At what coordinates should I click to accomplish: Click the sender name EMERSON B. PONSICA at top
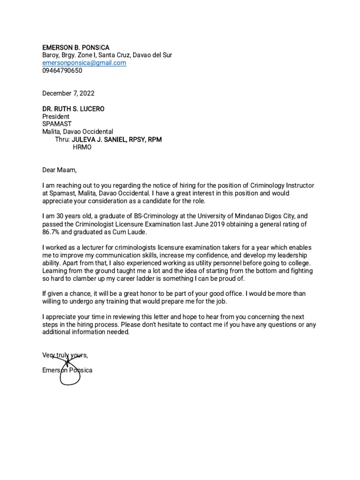pyautogui.click(x=75, y=47)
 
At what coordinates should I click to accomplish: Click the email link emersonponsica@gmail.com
pyautogui.click(x=84, y=63)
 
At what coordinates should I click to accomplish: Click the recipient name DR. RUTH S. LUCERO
pyautogui.click(x=74, y=109)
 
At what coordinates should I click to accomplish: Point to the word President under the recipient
pyautogui.click(x=56, y=116)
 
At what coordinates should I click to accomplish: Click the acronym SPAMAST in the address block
pyautogui.click(x=57, y=124)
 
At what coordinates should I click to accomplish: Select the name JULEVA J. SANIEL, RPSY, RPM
pyautogui.click(x=117, y=140)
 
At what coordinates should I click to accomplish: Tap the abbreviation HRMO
pyautogui.click(x=82, y=147)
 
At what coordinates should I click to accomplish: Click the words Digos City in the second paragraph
pyautogui.click(x=277, y=217)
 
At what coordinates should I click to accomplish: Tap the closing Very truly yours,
pyautogui.click(x=65, y=355)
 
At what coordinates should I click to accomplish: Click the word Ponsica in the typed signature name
pyautogui.click(x=81, y=370)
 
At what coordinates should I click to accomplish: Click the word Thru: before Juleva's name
pyautogui.click(x=62, y=140)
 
